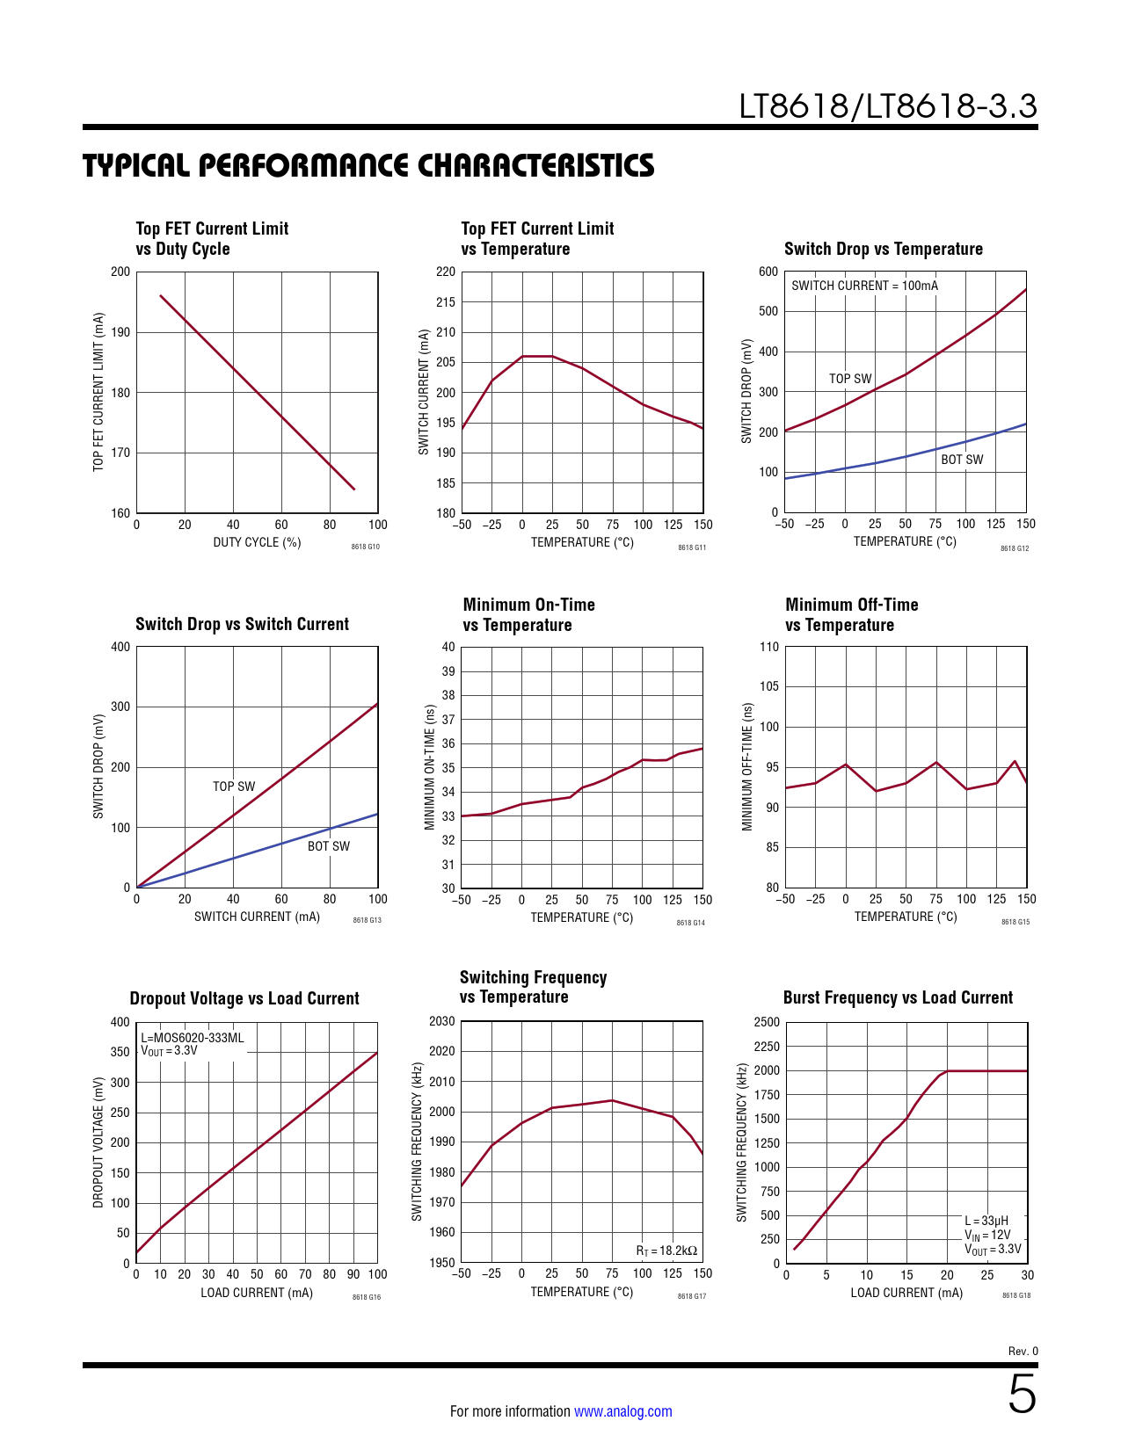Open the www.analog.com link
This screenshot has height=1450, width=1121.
[x=622, y=1411]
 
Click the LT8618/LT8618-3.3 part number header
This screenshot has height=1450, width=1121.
[x=888, y=106]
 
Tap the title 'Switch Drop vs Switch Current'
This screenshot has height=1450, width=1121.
[x=242, y=624]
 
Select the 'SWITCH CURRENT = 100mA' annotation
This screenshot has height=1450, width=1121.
[x=864, y=286]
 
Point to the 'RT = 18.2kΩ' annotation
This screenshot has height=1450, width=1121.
[x=666, y=1251]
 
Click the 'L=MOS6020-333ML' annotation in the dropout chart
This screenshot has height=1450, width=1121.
[x=193, y=1038]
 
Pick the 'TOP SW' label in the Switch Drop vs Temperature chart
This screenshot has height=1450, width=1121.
[x=850, y=379]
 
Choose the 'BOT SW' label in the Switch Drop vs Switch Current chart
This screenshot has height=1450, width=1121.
[x=328, y=846]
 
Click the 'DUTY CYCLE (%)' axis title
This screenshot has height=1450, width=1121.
[x=257, y=542]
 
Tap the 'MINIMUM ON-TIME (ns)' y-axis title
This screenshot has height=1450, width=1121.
[x=430, y=767]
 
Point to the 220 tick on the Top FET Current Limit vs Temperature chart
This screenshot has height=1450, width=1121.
[x=446, y=272]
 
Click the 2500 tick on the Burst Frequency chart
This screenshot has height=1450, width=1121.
[x=767, y=1022]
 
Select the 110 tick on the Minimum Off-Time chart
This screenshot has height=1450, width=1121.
[x=769, y=647]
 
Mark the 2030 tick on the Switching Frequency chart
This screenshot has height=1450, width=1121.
[x=442, y=1021]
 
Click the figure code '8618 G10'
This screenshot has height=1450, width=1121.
[x=365, y=547]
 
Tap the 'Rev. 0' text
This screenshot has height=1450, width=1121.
[x=1023, y=1352]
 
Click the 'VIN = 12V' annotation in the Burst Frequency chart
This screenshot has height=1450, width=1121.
[x=987, y=1235]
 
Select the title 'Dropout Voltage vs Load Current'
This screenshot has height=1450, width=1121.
[x=244, y=998]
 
